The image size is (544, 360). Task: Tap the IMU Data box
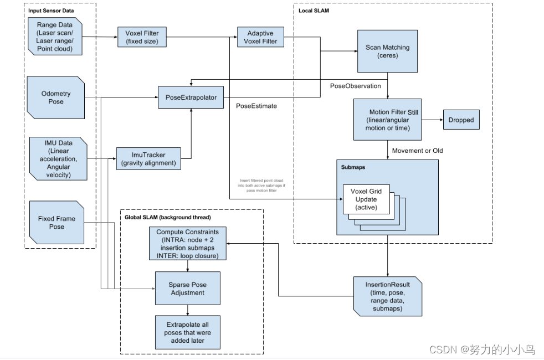[x=58, y=160]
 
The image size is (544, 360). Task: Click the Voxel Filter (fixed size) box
[x=142, y=38]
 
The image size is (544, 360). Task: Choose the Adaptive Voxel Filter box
[x=260, y=37]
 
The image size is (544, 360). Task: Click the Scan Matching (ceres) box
[x=387, y=51]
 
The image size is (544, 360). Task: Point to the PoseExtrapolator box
[x=191, y=97]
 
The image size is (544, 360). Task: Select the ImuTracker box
[x=148, y=159]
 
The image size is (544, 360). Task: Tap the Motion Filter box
[x=387, y=120]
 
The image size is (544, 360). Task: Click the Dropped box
[x=461, y=120]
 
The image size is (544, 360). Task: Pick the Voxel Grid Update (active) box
[x=366, y=199]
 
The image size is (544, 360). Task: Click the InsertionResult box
[x=388, y=295]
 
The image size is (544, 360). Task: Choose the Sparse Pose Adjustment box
[x=187, y=288]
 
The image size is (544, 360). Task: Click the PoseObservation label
[x=355, y=86]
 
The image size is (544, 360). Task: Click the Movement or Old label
[x=417, y=151]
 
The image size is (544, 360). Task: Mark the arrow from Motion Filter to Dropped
[x=432, y=120]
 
